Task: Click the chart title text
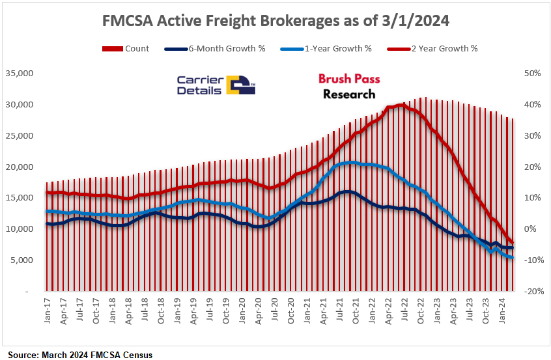pyautogui.click(x=275, y=21)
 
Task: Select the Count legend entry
pyautogui.click(x=126, y=48)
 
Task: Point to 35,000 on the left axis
pyautogui.click(x=19, y=73)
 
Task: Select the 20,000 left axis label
pyautogui.click(x=19, y=167)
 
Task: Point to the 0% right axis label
pyautogui.click(x=530, y=229)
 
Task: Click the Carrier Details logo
pyautogui.click(x=216, y=85)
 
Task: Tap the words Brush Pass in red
pyautogui.click(x=349, y=79)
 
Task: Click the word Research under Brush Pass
pyautogui.click(x=349, y=94)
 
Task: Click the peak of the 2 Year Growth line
pyautogui.click(x=399, y=105)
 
